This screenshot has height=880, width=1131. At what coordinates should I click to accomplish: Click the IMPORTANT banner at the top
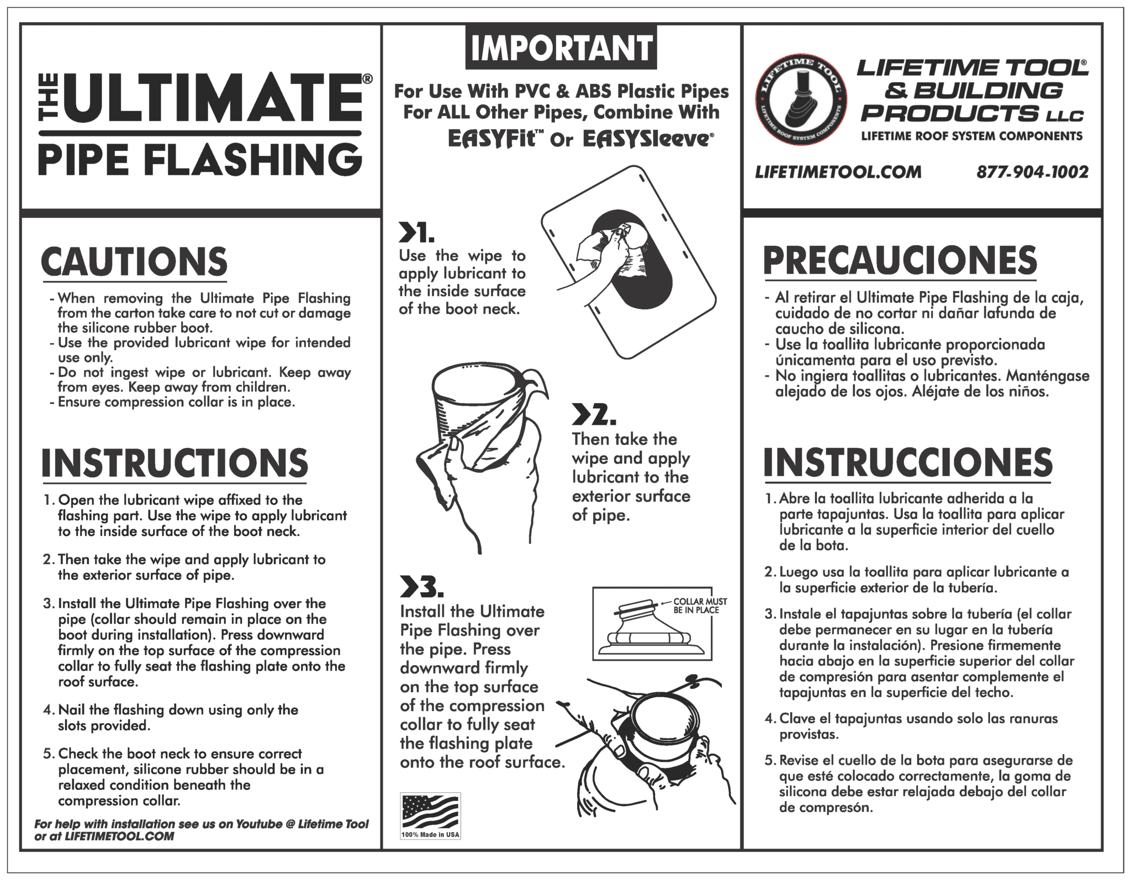point(561,48)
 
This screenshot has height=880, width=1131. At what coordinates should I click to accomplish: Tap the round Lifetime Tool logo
point(801,104)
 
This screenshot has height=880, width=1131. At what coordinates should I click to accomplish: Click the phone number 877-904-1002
point(1032,172)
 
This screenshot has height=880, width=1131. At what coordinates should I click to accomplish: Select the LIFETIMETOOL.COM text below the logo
point(838,172)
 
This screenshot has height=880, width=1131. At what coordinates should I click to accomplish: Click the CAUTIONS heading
point(134,262)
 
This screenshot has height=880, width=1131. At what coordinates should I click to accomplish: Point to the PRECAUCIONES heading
point(900,261)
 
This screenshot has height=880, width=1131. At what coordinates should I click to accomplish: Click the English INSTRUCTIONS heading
point(175,463)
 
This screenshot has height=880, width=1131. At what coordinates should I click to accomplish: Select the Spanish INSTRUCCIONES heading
point(908,463)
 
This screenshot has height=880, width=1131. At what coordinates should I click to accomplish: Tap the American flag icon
point(430,811)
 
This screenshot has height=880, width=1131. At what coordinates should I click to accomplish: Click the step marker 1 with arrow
point(416,234)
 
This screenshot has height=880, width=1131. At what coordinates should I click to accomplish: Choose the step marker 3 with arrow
point(421,588)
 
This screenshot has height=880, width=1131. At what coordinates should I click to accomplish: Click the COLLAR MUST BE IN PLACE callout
point(700,605)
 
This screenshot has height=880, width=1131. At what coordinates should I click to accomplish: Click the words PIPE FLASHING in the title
point(200,160)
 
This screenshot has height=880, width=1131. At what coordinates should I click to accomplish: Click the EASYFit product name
point(491,139)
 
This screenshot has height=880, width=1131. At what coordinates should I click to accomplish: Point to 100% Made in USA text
point(430,834)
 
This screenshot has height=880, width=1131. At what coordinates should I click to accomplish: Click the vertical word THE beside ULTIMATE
point(47,99)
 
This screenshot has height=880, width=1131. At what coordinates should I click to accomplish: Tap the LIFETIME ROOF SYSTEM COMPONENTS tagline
point(971,136)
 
